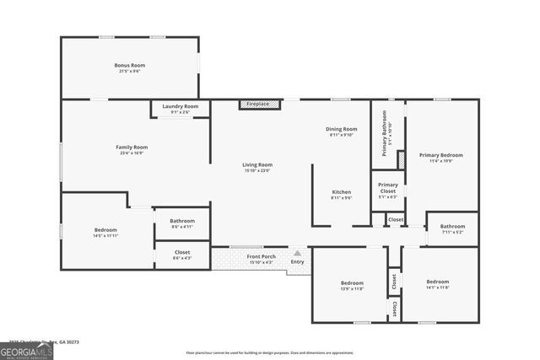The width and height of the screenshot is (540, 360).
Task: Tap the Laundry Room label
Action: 181,108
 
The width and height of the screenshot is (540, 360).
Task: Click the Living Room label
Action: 257,167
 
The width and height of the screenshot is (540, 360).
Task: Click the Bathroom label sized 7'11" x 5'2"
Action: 452,228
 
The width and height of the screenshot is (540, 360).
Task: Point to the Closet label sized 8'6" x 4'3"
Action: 182,254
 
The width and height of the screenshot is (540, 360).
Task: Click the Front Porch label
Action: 261,258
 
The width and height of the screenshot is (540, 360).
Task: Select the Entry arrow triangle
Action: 297,251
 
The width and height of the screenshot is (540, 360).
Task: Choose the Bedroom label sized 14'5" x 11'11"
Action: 105,232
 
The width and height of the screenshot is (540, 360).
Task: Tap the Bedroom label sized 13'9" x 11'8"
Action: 352,285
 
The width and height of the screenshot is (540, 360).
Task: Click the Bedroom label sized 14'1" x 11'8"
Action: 438,283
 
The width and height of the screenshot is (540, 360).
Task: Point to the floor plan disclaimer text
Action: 269,352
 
